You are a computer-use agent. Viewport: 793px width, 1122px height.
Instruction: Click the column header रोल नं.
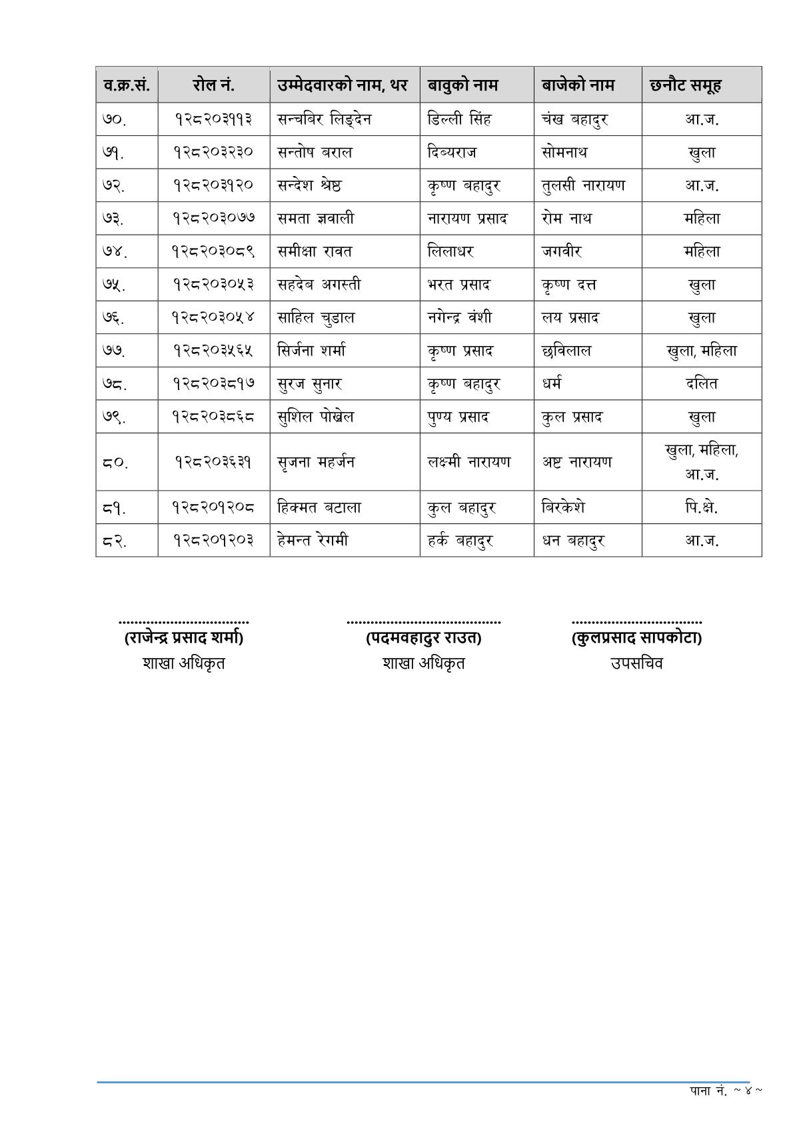click(x=213, y=85)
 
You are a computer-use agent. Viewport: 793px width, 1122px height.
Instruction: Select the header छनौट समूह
click(x=685, y=85)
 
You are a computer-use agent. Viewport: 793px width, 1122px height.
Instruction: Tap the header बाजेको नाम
click(x=577, y=85)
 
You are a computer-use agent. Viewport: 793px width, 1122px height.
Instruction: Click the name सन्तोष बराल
click(x=315, y=153)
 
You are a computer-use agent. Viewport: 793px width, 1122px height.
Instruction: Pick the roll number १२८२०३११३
click(x=213, y=119)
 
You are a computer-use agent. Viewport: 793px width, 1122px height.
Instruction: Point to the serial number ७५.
click(x=115, y=285)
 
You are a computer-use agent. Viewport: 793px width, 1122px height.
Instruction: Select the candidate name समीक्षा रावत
click(x=315, y=251)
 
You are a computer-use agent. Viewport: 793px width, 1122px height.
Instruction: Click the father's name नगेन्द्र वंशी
click(x=460, y=317)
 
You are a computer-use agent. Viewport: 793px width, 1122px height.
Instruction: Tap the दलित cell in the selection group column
click(x=701, y=383)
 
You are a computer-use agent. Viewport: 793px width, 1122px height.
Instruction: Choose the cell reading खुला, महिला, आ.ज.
click(x=701, y=462)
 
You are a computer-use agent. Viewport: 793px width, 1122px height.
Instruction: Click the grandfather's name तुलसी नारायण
click(x=583, y=185)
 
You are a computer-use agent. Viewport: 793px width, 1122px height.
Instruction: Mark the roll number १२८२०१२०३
click(x=213, y=540)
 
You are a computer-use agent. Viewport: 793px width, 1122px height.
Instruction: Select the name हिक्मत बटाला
click(x=319, y=507)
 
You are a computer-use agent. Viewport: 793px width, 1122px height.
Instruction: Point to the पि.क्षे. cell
click(x=701, y=507)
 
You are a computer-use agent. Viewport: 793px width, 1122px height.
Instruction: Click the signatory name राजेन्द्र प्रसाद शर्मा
click(x=183, y=638)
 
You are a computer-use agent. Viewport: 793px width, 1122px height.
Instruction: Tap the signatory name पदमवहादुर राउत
click(x=423, y=638)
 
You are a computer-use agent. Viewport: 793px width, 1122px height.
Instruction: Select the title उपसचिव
click(x=636, y=663)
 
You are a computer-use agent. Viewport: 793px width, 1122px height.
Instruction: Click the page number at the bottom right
click(x=726, y=1091)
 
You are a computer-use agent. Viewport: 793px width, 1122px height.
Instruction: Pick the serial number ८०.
click(x=115, y=462)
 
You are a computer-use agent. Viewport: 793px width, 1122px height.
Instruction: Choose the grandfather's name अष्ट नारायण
click(x=576, y=462)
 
